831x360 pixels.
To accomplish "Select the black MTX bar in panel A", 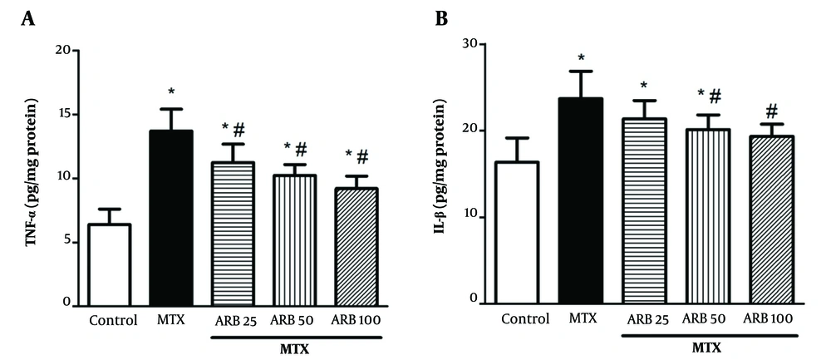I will pyautogui.click(x=171, y=219).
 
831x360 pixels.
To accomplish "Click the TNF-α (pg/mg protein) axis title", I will pyautogui.click(x=31, y=177).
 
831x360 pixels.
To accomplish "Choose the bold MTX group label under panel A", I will pyautogui.click(x=295, y=348).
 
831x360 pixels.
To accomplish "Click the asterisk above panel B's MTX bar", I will pyautogui.click(x=582, y=57).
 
